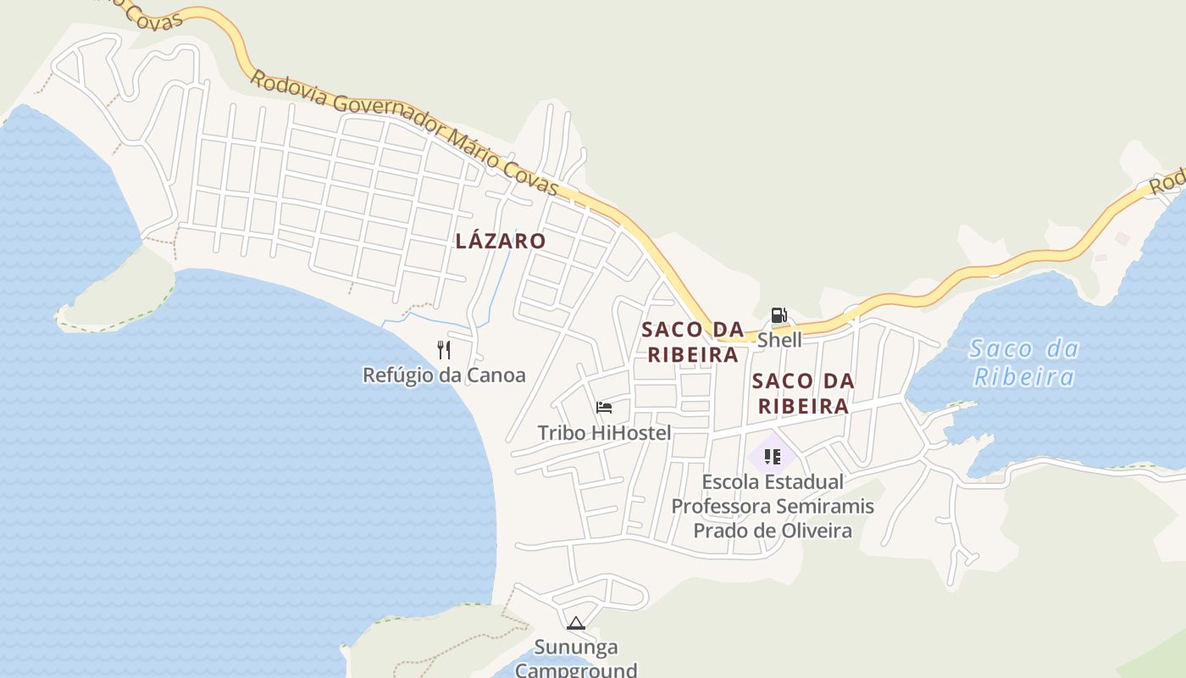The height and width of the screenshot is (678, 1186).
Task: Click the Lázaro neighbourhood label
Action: [501, 241]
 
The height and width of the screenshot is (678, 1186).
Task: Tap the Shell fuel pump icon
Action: [779, 316]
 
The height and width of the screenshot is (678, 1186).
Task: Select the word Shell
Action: [779, 340]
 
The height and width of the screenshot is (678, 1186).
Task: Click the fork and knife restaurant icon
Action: [444, 349]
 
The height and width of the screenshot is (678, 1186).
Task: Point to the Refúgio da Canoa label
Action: [444, 375]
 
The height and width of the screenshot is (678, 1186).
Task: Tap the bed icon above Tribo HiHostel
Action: [604, 408]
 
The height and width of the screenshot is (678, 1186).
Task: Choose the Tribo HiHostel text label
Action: [604, 433]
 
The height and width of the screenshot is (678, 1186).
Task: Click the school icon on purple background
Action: [772, 457]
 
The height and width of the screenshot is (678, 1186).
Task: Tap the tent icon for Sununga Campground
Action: [576, 624]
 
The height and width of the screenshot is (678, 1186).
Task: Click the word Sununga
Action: [576, 647]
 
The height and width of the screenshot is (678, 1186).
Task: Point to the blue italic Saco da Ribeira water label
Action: [1023, 362]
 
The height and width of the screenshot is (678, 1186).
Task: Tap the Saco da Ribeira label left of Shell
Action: [693, 342]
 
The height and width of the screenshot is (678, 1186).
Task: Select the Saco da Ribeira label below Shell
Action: [803, 393]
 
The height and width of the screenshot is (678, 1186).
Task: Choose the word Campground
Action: [576, 670]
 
